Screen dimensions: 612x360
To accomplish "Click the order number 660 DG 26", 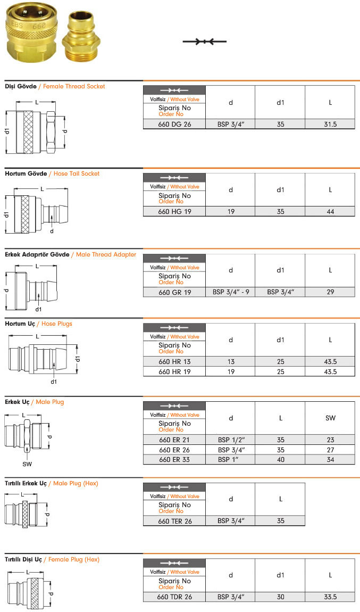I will point(174,124).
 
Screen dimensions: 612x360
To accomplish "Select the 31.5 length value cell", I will point(330,124).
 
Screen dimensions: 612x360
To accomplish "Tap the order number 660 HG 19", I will point(174,212).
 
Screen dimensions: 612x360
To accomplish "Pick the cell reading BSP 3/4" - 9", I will point(231,292).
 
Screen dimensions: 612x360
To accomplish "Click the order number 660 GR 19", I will point(174,292).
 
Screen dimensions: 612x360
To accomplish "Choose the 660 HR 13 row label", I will point(174,361).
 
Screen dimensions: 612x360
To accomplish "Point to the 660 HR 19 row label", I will point(174,371).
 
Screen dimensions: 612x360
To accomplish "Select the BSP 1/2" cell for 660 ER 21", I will point(231,440).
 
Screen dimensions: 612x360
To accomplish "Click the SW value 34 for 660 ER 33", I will point(330,459).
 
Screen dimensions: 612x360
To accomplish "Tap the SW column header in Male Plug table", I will point(330,418).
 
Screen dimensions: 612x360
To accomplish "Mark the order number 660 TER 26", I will point(174,521).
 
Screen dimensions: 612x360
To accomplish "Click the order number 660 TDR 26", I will point(174,597).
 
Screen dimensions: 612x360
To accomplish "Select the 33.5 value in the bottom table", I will point(330,597).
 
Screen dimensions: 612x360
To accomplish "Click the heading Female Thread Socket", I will point(74,86).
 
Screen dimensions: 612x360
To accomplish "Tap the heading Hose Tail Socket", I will point(77,173).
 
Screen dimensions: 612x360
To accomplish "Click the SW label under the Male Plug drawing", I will point(27,464).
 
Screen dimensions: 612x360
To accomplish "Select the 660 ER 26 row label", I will point(174,450).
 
